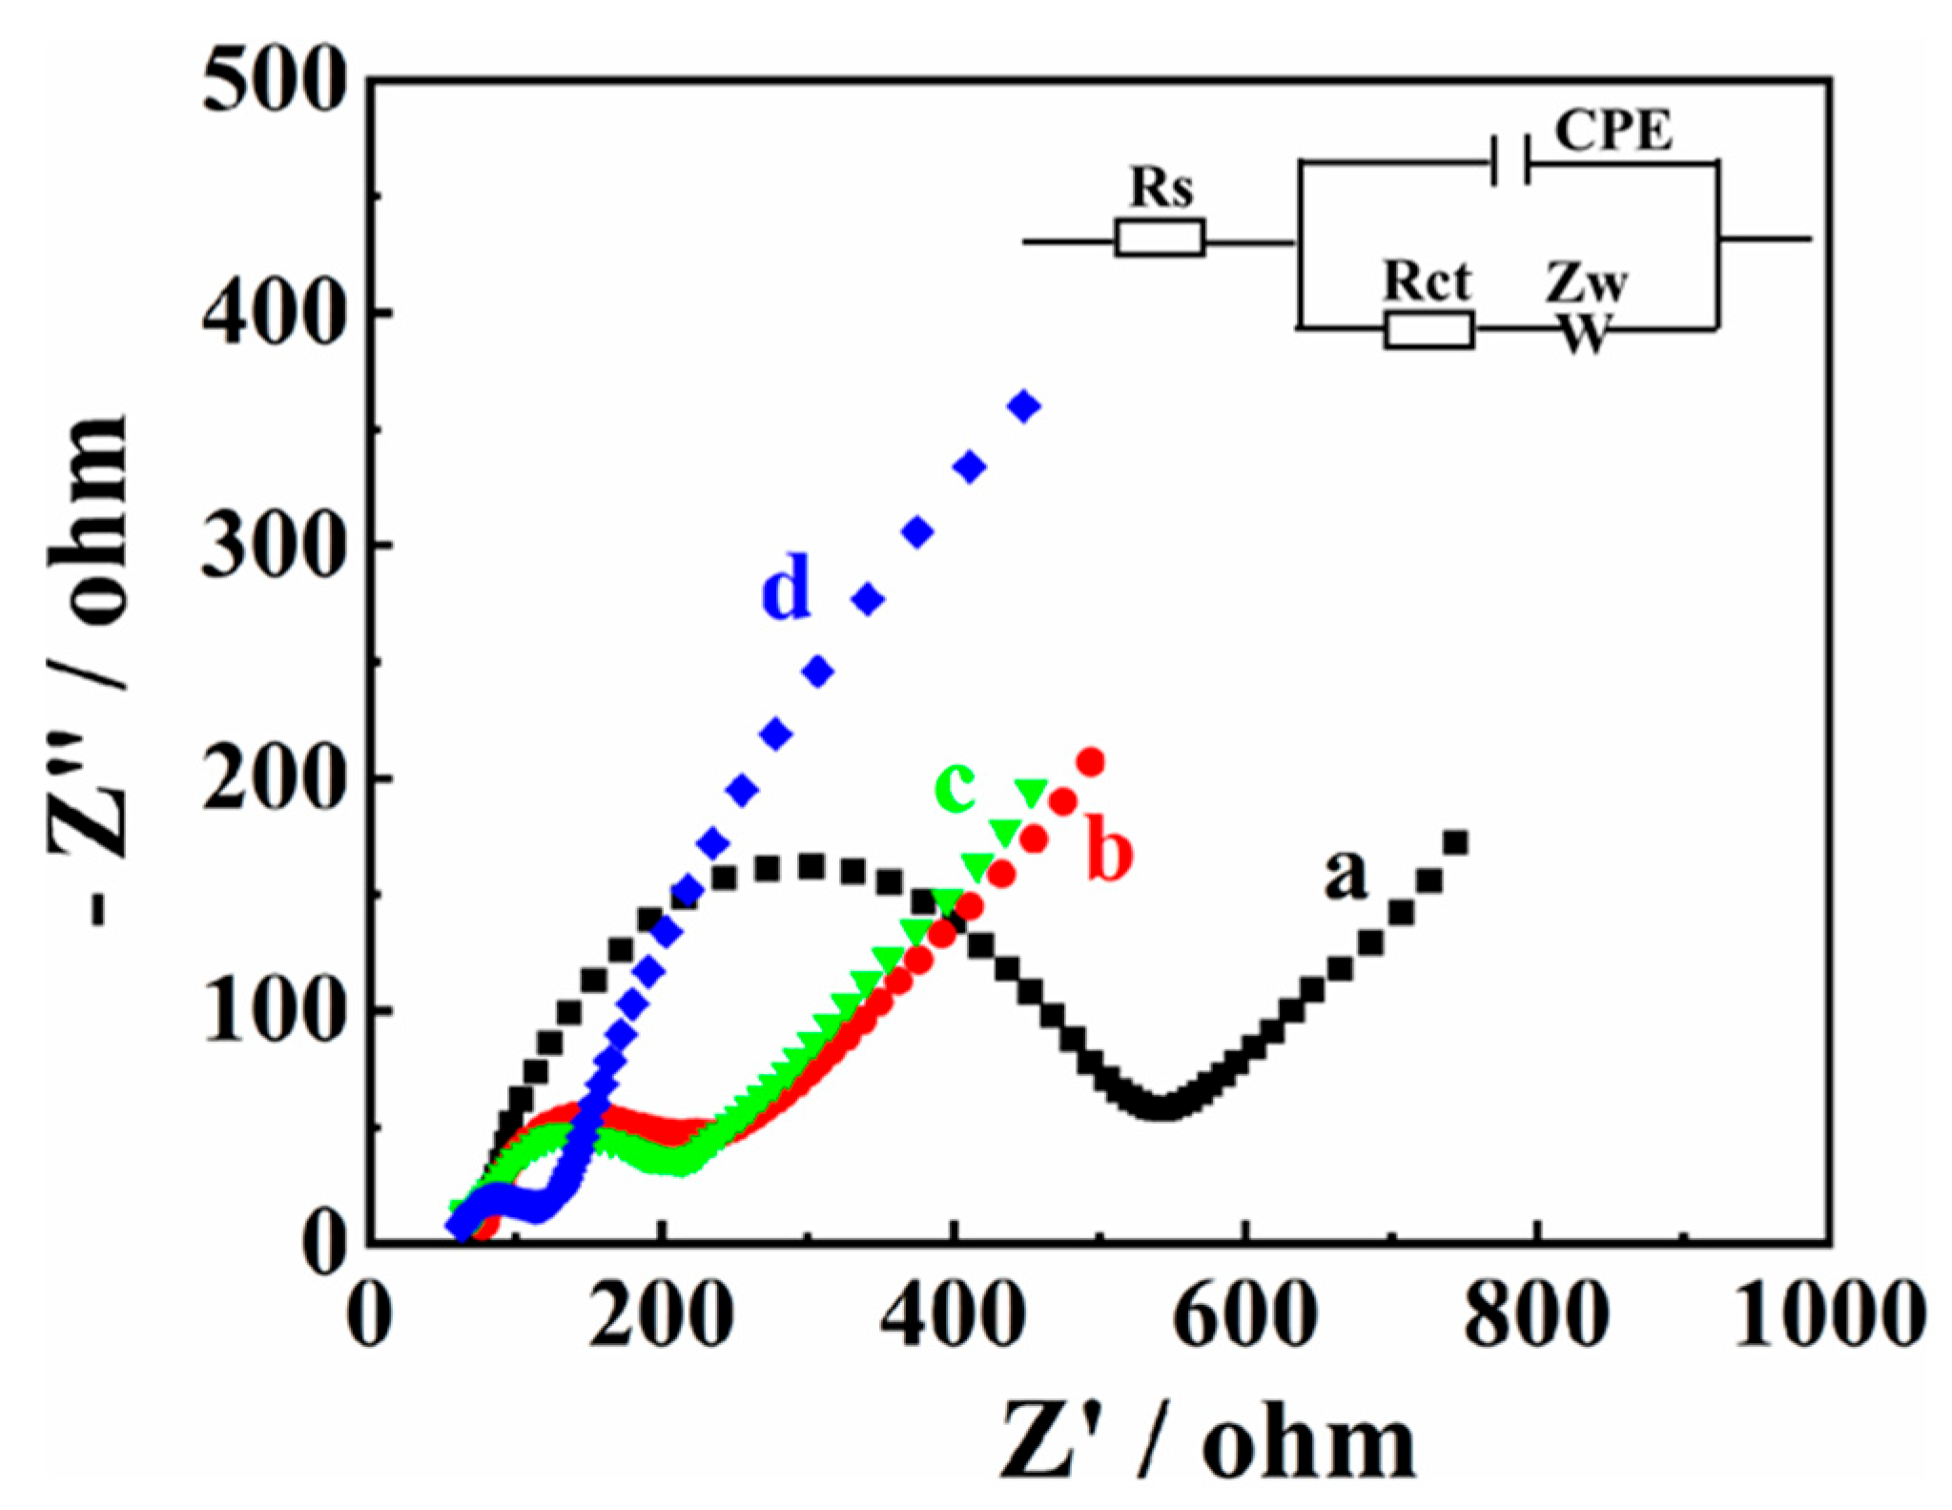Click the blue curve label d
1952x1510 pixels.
click(787, 590)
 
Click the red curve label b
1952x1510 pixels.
click(1110, 854)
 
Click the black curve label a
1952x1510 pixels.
click(1345, 874)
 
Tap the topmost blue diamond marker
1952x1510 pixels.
click(1025, 406)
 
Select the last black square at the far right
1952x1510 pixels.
click(1455, 842)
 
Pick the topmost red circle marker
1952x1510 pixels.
click(1091, 762)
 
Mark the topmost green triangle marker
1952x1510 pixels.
click(1031, 791)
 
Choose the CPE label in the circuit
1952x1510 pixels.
click(1613, 131)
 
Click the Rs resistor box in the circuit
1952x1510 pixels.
click(1160, 238)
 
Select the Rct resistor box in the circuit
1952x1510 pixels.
click(1428, 330)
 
